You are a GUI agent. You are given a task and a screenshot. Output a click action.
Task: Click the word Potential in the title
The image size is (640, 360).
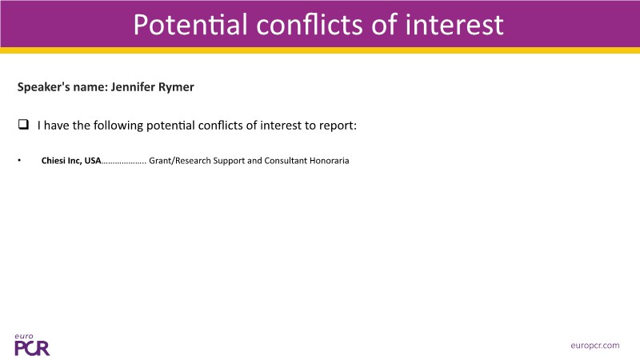tap(190, 25)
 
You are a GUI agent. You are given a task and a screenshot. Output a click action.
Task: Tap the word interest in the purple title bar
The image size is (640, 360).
tap(454, 25)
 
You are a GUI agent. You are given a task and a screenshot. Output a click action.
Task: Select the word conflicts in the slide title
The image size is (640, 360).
tap(310, 25)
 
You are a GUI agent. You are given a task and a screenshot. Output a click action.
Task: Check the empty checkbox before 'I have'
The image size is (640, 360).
tap(23, 125)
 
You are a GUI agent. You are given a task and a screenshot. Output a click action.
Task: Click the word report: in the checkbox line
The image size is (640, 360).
tap(338, 126)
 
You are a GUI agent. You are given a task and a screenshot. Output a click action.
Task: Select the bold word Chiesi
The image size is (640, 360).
tap(54, 161)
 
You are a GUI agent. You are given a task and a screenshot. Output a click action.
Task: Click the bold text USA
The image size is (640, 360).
tap(93, 161)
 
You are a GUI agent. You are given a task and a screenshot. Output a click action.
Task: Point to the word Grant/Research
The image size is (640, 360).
tap(180, 161)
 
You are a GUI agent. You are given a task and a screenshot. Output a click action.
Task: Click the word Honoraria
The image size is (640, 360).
tap(330, 161)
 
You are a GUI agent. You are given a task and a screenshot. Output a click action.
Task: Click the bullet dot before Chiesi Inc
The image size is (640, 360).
tap(19, 161)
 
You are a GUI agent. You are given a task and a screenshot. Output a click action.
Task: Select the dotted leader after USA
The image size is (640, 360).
tap(124, 163)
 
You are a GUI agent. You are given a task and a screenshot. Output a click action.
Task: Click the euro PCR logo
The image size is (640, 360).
tap(32, 345)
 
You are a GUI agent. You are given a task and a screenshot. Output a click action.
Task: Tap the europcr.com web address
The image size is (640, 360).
tap(594, 346)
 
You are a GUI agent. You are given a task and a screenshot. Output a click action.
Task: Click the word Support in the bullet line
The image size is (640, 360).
tap(229, 161)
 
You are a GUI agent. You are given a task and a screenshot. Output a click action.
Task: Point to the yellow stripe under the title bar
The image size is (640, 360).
tap(320, 50)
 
